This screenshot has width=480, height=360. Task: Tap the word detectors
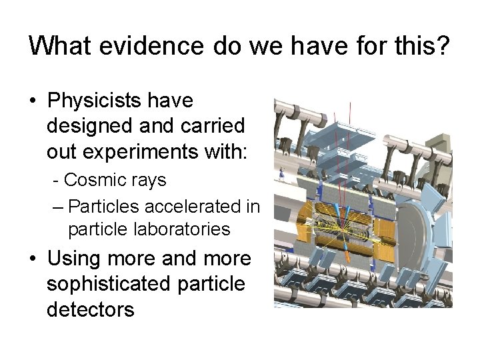point(90,309)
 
